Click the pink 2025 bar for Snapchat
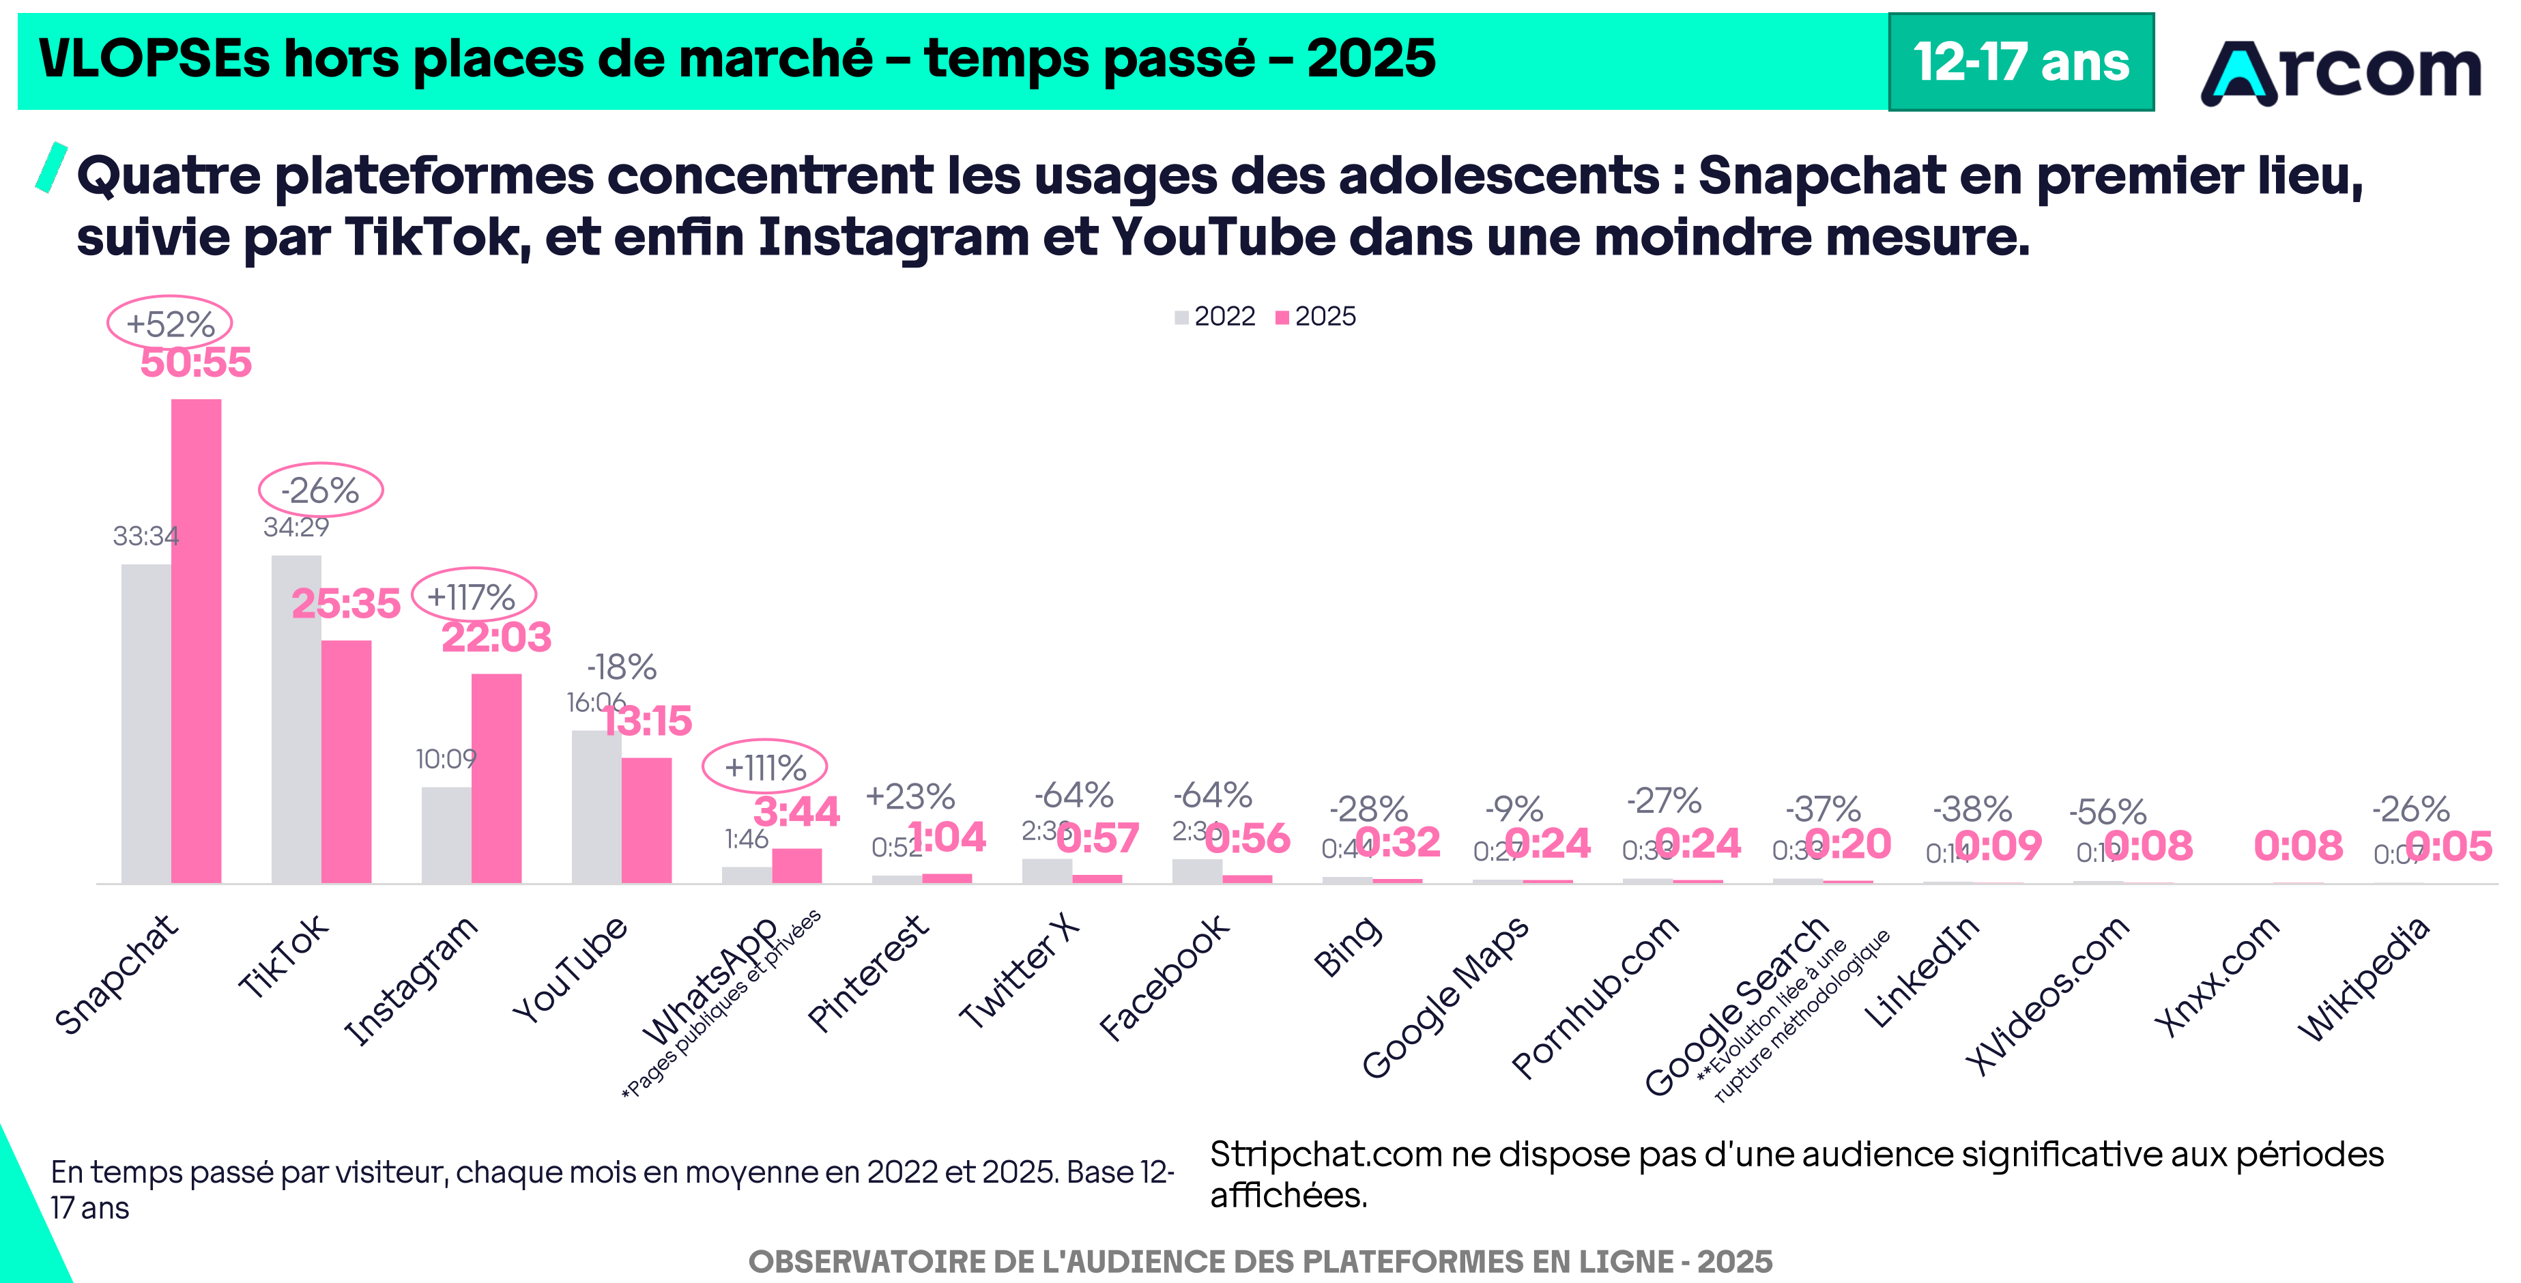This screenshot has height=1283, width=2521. (x=196, y=641)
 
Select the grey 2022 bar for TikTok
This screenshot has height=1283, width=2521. (x=296, y=719)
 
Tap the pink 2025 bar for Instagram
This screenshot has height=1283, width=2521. (x=496, y=778)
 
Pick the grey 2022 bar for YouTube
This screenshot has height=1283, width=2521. (x=596, y=807)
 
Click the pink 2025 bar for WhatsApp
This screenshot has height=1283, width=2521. (x=796, y=866)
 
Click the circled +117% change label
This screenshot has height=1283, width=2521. (x=473, y=596)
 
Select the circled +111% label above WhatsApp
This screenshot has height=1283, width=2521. (x=764, y=767)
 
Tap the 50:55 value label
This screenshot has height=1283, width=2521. (x=196, y=362)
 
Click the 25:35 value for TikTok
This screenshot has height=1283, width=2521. (x=345, y=603)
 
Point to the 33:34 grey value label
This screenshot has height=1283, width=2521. (x=146, y=536)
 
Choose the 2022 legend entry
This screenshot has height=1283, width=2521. (x=1215, y=316)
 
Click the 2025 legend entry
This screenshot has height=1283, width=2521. (x=1316, y=316)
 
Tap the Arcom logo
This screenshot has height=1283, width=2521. (x=2341, y=70)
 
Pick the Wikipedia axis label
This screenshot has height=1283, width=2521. (x=2363, y=979)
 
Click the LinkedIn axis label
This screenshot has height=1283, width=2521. (x=1921, y=972)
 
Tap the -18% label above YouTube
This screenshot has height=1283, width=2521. (x=622, y=667)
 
